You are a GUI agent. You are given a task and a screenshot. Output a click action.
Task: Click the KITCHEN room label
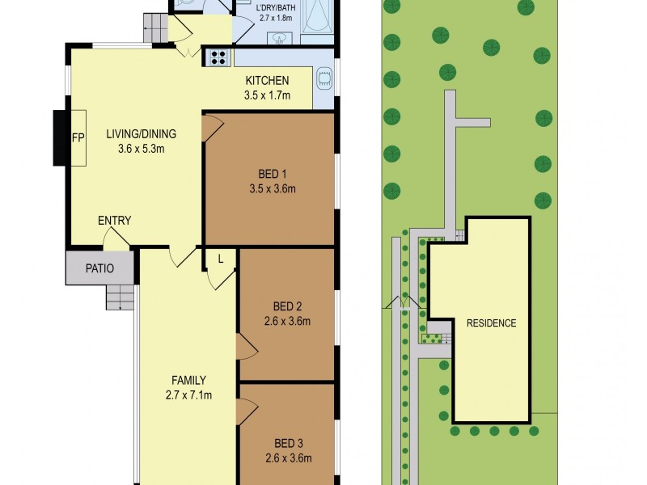click(x=267, y=80)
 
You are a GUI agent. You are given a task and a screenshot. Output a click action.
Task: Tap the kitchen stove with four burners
click(x=218, y=57)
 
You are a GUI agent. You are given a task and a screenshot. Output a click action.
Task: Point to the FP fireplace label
click(x=78, y=138)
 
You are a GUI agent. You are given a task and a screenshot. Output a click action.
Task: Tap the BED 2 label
click(x=287, y=306)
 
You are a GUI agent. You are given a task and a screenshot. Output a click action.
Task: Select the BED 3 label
click(x=289, y=442)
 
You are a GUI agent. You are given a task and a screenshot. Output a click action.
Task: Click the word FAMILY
click(x=188, y=380)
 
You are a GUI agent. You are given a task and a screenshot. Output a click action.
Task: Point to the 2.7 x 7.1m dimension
click(x=188, y=395)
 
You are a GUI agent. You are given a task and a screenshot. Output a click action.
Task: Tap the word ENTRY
click(x=114, y=221)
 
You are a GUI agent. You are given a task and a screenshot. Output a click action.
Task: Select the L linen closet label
click(x=220, y=258)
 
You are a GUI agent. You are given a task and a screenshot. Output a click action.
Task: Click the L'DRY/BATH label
click(x=275, y=11)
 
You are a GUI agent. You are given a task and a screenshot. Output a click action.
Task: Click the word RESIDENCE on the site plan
click(x=491, y=323)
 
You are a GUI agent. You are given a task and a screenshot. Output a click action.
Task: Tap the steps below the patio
click(x=120, y=298)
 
